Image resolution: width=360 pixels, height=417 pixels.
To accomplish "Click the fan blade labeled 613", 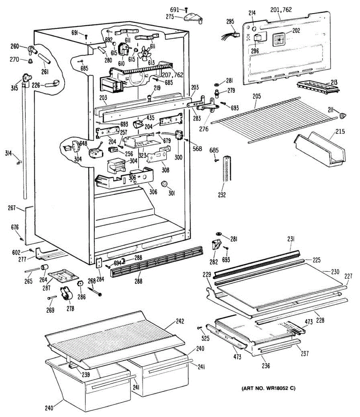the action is [145, 53].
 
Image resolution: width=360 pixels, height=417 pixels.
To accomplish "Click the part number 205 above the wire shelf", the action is [257, 96].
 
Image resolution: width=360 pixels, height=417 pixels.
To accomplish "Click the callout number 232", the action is [222, 195].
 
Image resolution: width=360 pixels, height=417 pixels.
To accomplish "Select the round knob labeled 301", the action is [165, 184].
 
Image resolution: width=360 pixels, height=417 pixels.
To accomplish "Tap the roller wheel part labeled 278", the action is [66, 295].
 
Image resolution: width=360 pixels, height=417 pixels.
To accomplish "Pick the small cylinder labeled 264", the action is [45, 268].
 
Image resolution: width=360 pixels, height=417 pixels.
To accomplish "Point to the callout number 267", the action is [12, 208].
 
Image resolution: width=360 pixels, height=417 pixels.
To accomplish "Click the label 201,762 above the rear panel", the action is [281, 10].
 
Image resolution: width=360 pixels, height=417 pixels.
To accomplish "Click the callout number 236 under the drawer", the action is [266, 366].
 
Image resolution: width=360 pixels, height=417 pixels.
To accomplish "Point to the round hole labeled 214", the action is [254, 28].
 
